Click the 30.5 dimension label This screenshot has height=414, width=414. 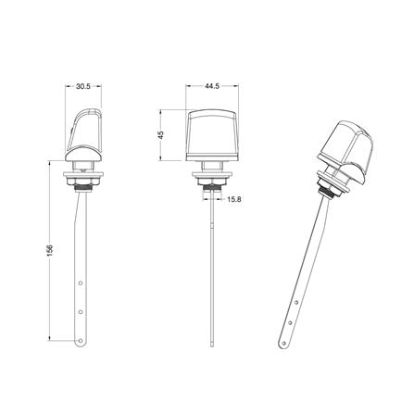pos(83,86)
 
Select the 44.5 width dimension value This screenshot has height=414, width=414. pos(212,86)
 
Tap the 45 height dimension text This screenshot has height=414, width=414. pos(161,134)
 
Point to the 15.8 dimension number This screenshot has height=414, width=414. pos(233,199)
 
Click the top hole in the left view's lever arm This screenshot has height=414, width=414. pos(81,282)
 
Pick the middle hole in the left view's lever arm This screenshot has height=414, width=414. pos(81,312)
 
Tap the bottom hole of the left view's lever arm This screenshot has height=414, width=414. pos(81,341)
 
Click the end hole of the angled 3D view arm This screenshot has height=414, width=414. pos(283,343)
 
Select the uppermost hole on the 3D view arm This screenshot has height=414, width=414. pos(295,302)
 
